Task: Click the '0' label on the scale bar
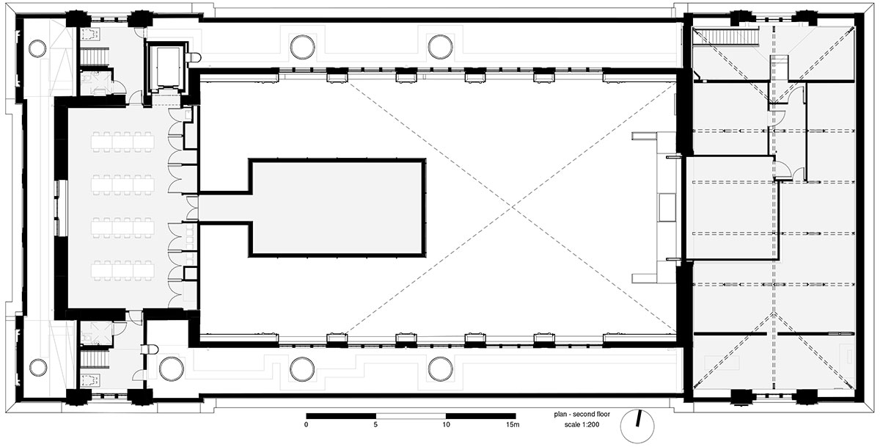(306, 424)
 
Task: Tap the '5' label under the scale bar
(375, 424)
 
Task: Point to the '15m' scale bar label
(513, 424)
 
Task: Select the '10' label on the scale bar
(446, 424)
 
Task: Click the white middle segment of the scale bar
(411, 416)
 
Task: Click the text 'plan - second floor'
(582, 415)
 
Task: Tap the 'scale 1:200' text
(582, 424)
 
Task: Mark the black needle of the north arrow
(639, 418)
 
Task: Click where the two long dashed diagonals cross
(512, 206)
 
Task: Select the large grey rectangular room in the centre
(338, 208)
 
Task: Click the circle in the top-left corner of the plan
(37, 48)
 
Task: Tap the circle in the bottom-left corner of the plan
(37, 367)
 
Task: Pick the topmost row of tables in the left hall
(122, 142)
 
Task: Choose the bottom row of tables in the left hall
(122, 271)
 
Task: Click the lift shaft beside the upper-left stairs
(166, 67)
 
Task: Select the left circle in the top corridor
(302, 47)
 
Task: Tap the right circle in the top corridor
(440, 47)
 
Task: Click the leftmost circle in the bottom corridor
(172, 368)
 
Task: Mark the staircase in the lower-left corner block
(95, 358)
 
